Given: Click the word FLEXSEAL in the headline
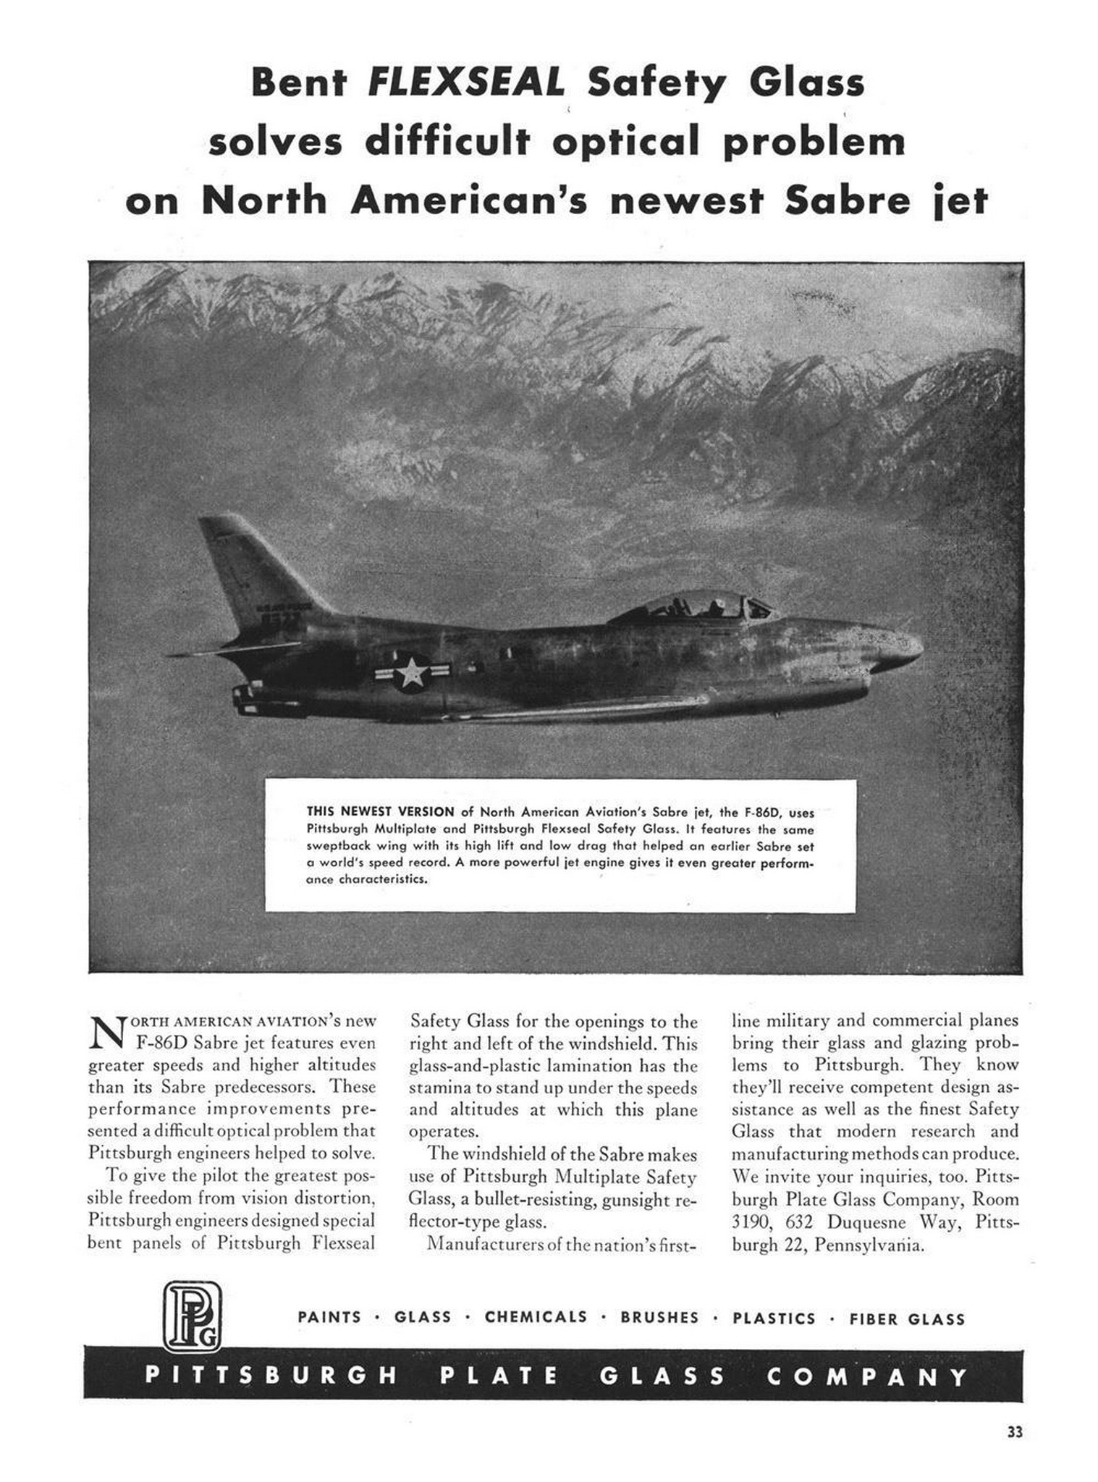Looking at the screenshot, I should click(x=465, y=84).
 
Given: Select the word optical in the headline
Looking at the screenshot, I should click(x=625, y=142).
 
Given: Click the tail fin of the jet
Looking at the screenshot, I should click(x=257, y=572).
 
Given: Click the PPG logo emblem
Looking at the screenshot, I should click(x=191, y=1316).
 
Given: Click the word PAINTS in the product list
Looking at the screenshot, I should click(x=329, y=1317).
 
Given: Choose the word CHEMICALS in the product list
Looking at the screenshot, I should click(x=536, y=1317).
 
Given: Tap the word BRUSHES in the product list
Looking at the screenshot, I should click(x=659, y=1318).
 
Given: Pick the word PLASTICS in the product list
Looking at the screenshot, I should click(x=774, y=1318).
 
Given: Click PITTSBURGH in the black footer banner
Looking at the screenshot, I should click(x=271, y=1375).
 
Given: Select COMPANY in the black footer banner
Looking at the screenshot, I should click(x=866, y=1376).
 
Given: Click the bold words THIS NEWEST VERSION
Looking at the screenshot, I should click(x=380, y=811).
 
